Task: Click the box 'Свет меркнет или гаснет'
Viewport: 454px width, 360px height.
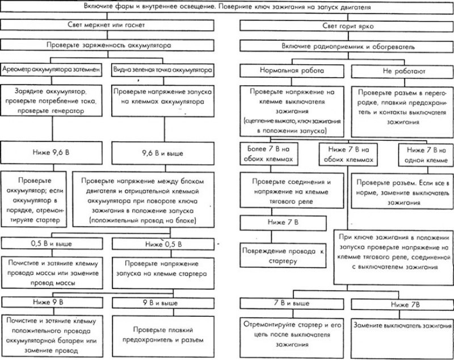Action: (x=108, y=26)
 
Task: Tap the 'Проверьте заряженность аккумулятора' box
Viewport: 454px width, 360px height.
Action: (x=108, y=44)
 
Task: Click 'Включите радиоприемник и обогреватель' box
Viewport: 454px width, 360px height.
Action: (x=341, y=44)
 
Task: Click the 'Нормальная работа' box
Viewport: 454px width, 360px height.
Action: (x=292, y=72)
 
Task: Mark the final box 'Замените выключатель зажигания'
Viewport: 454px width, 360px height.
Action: (x=398, y=327)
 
